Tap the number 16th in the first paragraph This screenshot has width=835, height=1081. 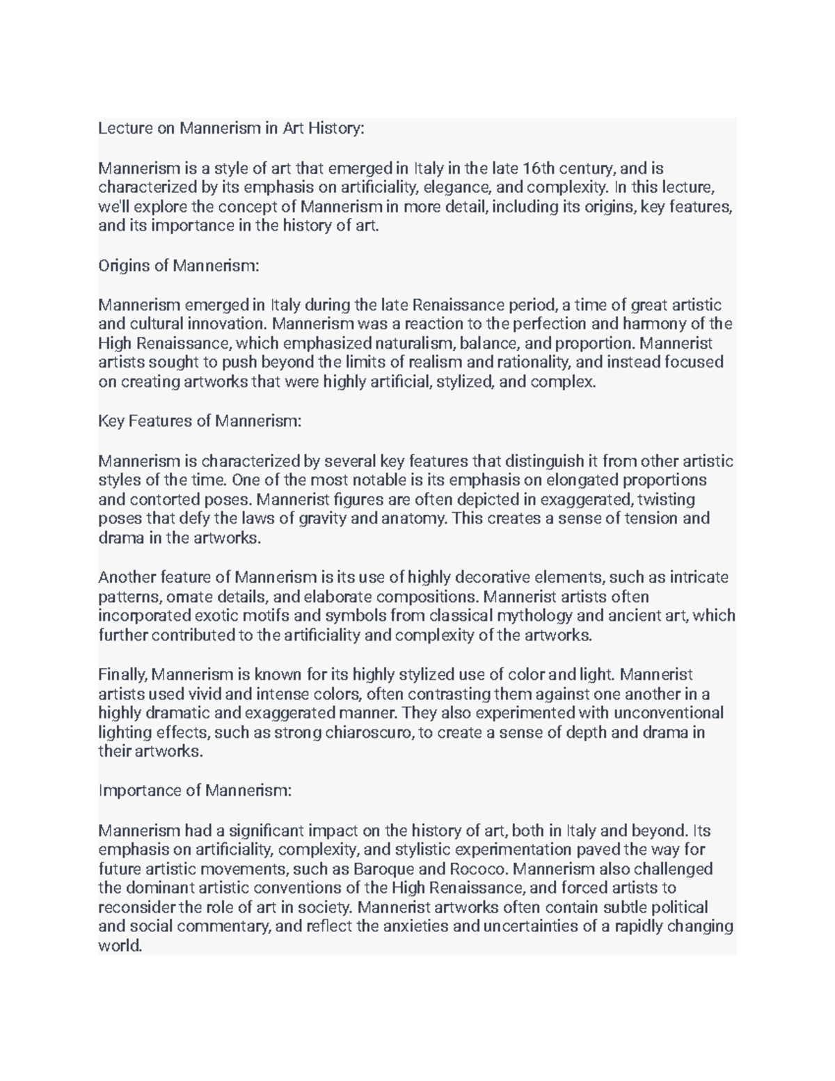539,168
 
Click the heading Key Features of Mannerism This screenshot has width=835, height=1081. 200,421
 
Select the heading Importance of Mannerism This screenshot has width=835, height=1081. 195,791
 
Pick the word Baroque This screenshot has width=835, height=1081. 383,869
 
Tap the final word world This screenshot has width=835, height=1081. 120,947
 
